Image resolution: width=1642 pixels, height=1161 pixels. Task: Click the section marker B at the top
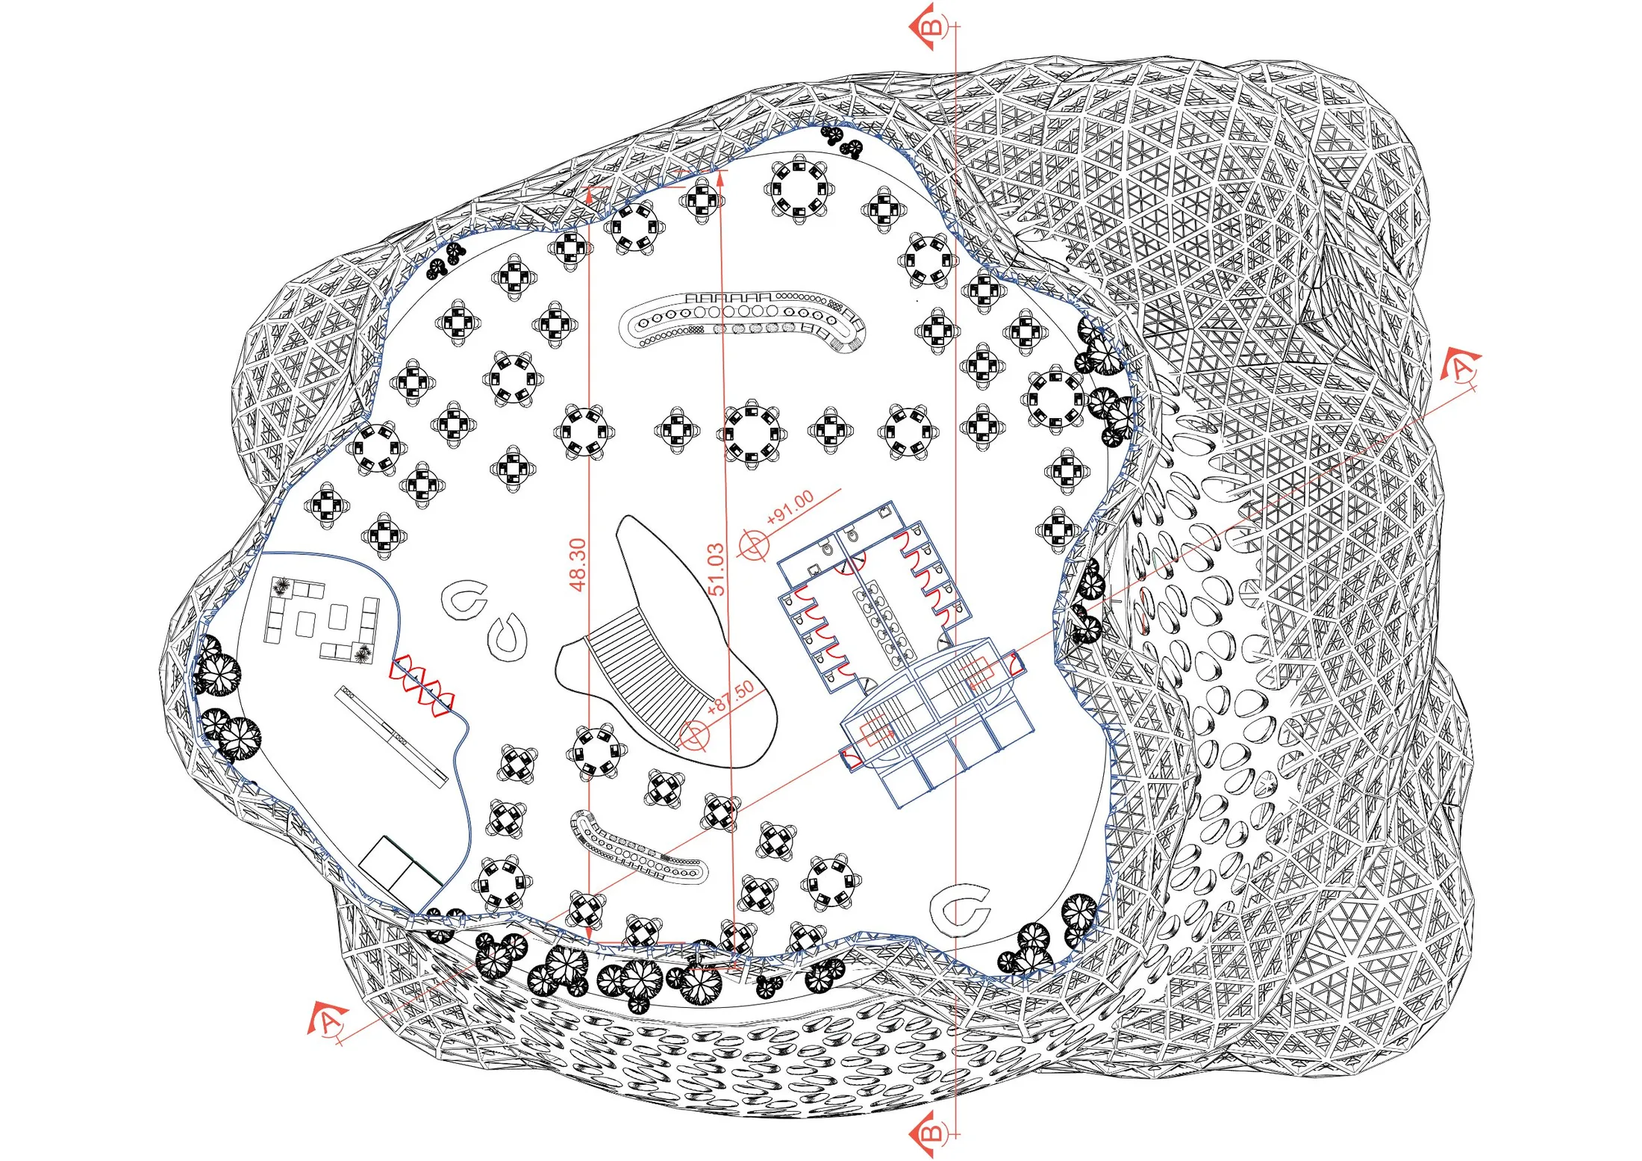click(x=931, y=27)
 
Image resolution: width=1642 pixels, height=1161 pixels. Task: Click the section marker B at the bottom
click(x=931, y=1133)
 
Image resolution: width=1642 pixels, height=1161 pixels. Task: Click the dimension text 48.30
click(x=578, y=564)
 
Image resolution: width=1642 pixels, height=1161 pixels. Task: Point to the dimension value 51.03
click(x=715, y=569)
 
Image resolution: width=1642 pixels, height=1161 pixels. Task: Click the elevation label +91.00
click(x=790, y=508)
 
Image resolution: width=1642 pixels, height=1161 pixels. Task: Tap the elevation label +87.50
click(x=730, y=698)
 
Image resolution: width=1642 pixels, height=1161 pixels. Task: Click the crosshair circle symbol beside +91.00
click(x=753, y=544)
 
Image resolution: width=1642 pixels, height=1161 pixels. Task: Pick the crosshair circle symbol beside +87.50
click(x=694, y=735)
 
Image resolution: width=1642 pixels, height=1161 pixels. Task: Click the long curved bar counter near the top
click(x=741, y=323)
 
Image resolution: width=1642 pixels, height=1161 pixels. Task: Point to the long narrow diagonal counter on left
click(x=391, y=736)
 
